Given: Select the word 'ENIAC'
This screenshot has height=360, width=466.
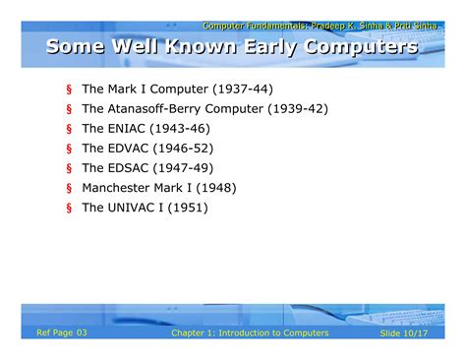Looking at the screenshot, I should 129,128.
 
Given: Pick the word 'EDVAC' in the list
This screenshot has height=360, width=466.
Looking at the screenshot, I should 131,148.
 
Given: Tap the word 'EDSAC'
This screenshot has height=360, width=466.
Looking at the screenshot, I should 131,167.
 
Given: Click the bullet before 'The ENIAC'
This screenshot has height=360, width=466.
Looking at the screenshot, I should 70,129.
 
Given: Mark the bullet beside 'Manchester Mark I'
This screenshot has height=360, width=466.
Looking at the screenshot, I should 70,188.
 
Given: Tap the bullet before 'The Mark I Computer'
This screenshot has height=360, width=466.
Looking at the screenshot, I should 70,90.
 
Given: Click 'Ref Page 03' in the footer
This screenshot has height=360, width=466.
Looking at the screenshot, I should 62,333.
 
